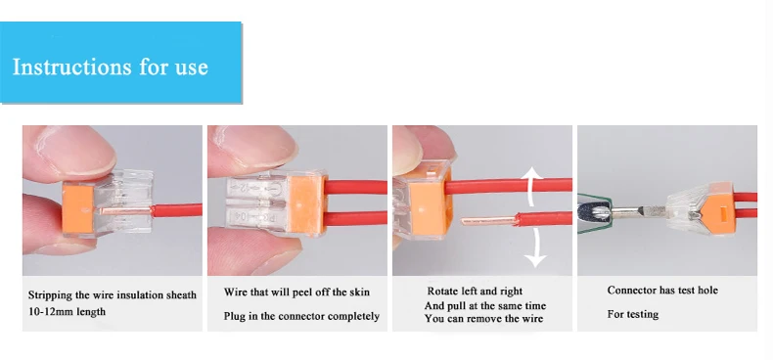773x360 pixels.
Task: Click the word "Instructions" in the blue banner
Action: tap(72, 67)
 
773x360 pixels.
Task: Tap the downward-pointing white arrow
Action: tap(534, 248)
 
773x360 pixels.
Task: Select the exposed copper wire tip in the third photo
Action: tap(487, 220)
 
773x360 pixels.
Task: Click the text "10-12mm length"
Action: tap(67, 312)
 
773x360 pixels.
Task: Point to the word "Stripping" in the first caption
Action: tap(50, 295)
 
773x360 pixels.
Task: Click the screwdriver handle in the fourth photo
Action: tap(594, 213)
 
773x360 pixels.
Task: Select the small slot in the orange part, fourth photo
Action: tap(724, 215)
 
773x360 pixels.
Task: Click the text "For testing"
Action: tap(632, 314)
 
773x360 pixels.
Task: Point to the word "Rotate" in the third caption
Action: tap(442, 292)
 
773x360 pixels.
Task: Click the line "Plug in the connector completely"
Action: tap(301, 316)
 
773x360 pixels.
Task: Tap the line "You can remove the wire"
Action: tap(483, 319)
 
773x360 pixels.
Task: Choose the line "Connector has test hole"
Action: tap(662, 290)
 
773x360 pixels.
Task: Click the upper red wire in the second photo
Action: tap(356, 188)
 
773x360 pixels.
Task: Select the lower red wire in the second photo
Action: tap(356, 218)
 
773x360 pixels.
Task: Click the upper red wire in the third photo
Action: tap(508, 186)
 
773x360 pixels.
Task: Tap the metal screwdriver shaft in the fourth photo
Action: tap(636, 212)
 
